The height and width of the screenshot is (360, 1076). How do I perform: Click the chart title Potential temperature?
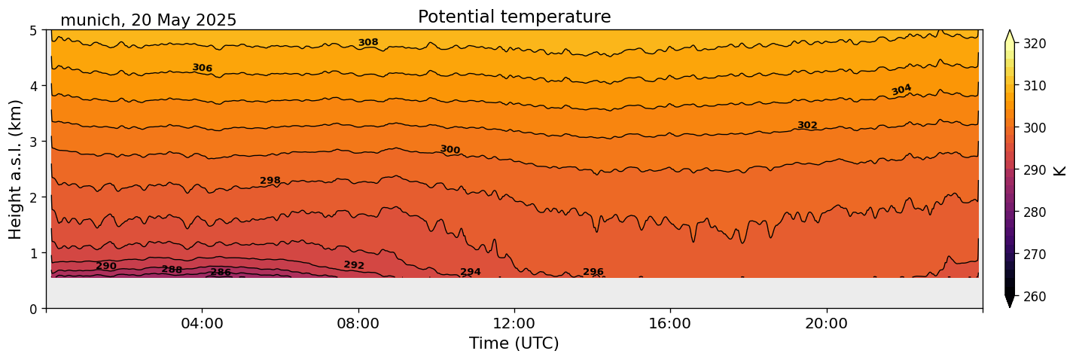[514, 17]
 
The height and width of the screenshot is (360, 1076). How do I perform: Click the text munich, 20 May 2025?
[148, 20]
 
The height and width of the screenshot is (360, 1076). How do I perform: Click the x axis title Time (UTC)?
[514, 343]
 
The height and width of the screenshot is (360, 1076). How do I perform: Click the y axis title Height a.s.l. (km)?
[16, 169]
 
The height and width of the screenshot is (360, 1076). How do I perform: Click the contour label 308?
[368, 43]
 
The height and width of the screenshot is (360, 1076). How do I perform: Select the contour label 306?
[202, 69]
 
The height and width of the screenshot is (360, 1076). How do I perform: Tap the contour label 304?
[901, 90]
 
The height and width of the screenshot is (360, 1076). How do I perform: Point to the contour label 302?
[807, 125]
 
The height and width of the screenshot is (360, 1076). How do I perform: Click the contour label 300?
[450, 150]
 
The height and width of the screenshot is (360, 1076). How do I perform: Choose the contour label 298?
[270, 181]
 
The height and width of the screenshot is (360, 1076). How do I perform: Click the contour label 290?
[106, 267]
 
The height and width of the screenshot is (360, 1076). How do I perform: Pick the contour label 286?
[221, 273]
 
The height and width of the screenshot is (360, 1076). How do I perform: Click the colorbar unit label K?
[1060, 169]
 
